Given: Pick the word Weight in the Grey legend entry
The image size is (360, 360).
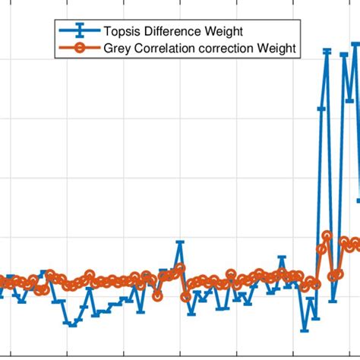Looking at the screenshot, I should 278,49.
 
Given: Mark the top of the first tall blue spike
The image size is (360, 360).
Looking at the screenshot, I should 327,51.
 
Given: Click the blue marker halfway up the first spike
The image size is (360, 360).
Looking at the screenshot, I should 321,109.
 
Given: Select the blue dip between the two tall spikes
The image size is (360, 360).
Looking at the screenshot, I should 333,301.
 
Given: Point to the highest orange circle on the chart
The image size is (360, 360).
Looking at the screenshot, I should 327,235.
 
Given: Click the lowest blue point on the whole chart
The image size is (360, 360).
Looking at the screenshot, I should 305,330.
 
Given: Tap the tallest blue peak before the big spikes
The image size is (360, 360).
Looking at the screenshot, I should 180,243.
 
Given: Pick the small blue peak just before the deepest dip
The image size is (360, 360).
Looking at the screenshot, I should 283,259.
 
